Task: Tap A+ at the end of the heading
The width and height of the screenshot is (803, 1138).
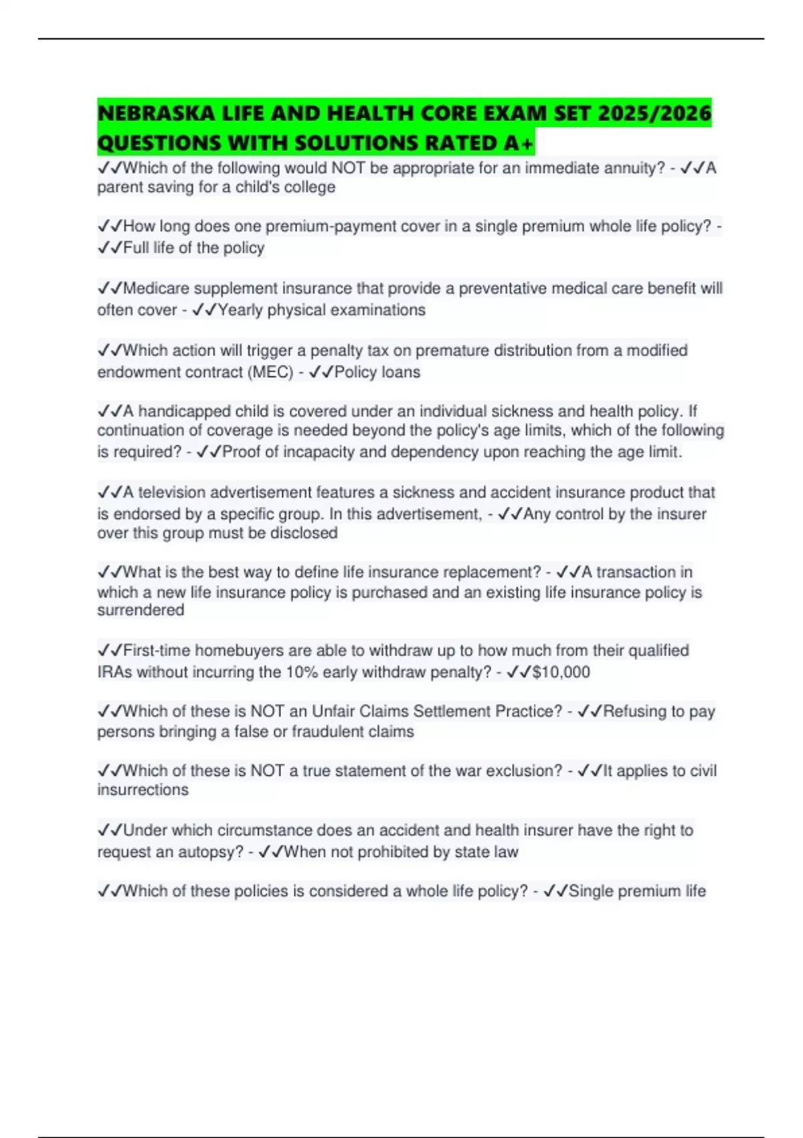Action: [x=520, y=143]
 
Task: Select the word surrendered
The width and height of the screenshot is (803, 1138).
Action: [x=141, y=611]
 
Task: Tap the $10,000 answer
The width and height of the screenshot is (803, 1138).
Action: [x=561, y=672]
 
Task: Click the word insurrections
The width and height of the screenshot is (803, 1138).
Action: [x=143, y=790]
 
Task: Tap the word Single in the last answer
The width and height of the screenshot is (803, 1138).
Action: [x=591, y=892]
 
